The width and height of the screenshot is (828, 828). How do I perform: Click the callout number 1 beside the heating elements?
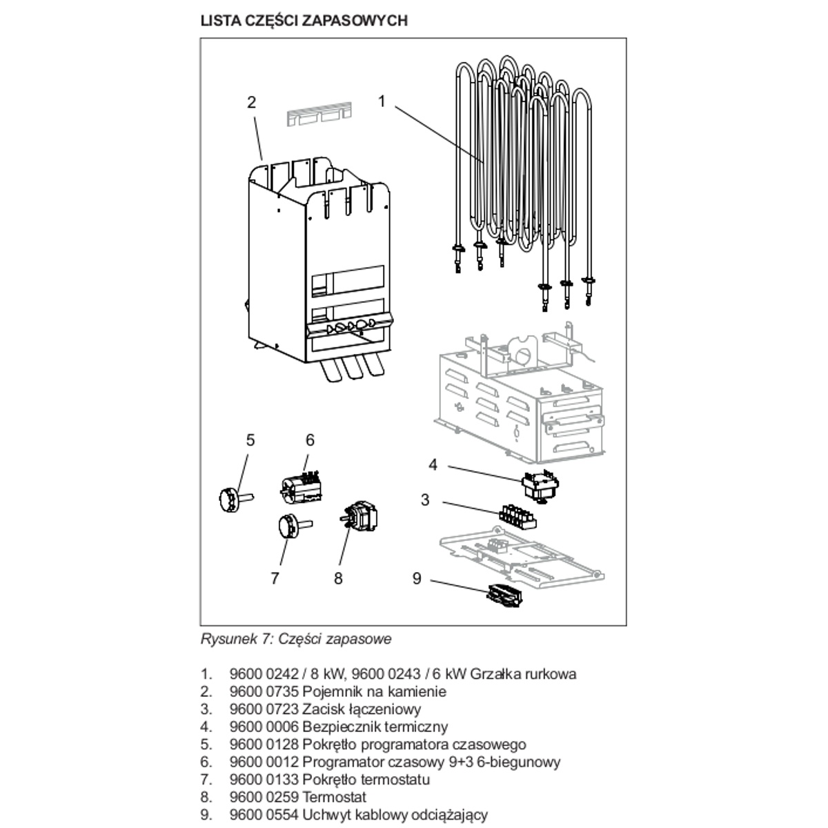coord(382,101)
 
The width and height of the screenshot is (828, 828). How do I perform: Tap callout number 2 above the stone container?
coord(252,102)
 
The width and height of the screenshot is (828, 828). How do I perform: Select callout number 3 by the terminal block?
coord(425,499)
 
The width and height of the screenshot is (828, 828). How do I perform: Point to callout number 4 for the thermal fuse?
coord(433,464)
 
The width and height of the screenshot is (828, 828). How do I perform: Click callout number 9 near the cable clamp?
coord(417,578)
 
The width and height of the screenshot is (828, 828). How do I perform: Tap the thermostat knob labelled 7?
coord(287,528)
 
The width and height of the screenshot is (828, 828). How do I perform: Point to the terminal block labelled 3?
coord(517,516)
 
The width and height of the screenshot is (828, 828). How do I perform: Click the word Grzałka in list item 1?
coord(494,673)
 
